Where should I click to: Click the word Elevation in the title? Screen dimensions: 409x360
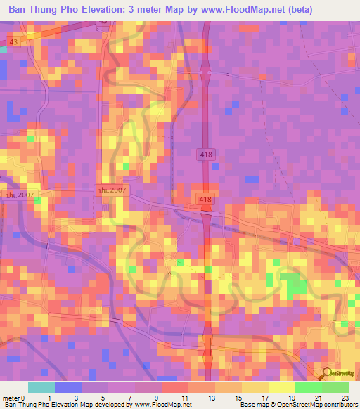(x=112, y=10)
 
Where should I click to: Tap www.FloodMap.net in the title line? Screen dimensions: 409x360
(x=245, y=10)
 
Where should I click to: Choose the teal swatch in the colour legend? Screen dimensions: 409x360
(x=41, y=388)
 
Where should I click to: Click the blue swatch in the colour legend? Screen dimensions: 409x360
(x=68, y=388)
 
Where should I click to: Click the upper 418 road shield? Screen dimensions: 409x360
(x=205, y=155)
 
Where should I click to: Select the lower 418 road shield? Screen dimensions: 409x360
(x=205, y=200)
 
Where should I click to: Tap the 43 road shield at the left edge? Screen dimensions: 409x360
(x=14, y=43)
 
